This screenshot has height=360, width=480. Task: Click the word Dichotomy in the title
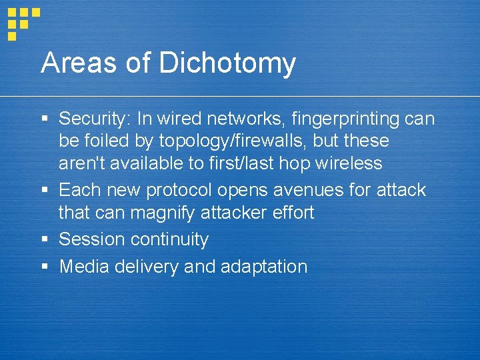tap(227, 64)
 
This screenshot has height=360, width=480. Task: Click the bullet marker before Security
tap(45, 120)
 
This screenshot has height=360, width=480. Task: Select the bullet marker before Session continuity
tap(45, 239)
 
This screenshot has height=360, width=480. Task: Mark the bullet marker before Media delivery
tap(45, 267)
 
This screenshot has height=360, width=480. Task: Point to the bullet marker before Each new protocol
tap(45, 191)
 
